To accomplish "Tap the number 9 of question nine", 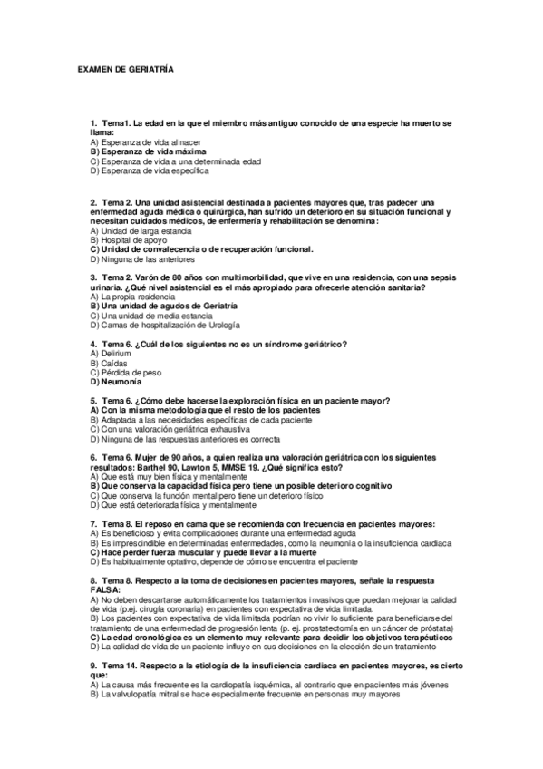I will coord(93,666).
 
